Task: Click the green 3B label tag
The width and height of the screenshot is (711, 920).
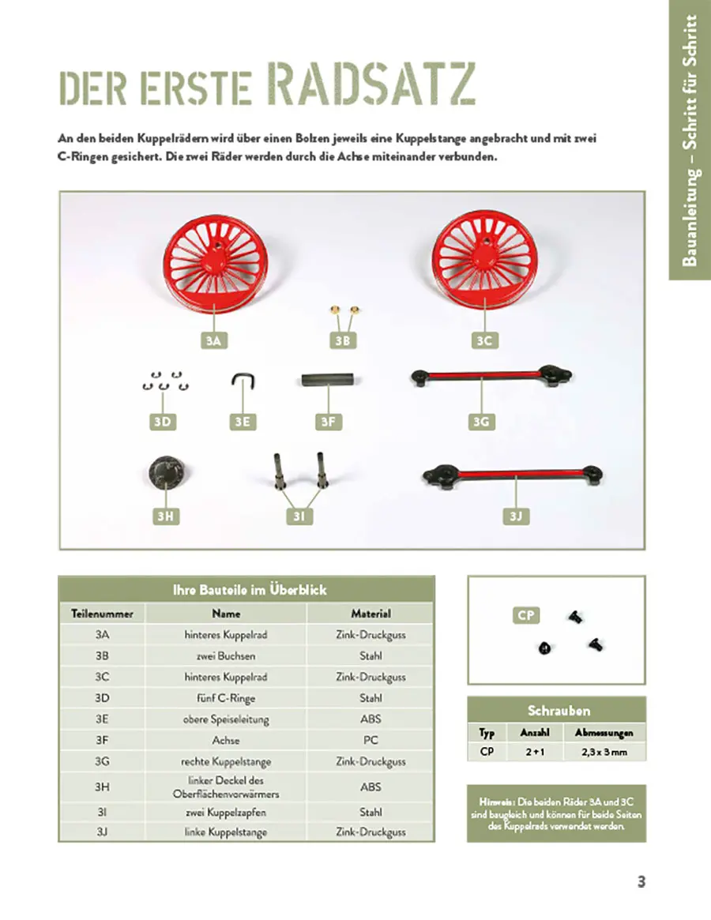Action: pos(342,340)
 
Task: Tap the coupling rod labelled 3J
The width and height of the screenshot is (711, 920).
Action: pos(513,475)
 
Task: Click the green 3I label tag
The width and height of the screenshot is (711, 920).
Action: pos(299,516)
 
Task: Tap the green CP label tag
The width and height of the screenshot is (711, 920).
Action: pos(526,615)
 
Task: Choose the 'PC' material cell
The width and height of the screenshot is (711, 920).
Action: pos(371,741)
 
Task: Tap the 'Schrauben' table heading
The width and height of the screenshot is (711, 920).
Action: pos(559,710)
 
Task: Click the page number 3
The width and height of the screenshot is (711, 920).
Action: pos(641,882)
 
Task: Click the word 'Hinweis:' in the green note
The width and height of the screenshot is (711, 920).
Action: pos(495,801)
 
